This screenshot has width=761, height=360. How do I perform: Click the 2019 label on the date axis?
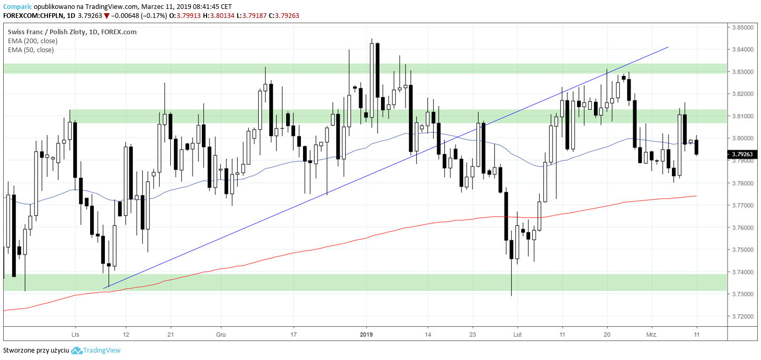367,334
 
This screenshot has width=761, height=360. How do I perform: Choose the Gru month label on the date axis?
221,334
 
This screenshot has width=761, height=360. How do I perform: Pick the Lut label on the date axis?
518,334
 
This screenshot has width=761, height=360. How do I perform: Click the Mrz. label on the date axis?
651,334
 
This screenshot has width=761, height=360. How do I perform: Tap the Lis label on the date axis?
75,334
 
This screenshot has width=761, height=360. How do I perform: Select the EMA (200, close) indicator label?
33,41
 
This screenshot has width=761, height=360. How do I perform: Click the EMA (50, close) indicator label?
31,50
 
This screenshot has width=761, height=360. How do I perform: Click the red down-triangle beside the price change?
106,16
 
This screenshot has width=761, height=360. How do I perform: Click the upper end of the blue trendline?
668,47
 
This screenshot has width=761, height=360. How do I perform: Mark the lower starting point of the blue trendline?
104,288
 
